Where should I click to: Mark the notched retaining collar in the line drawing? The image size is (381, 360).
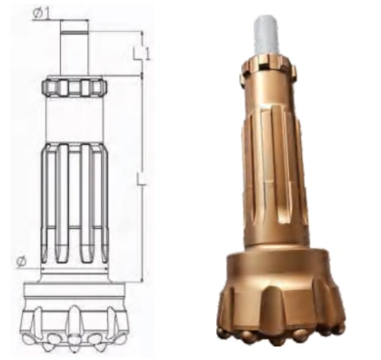75,88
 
